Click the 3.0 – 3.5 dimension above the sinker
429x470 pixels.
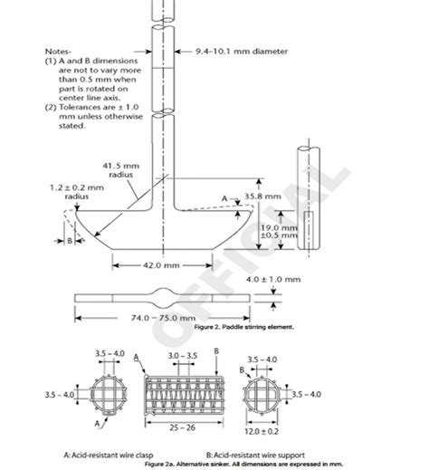click(181, 359)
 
